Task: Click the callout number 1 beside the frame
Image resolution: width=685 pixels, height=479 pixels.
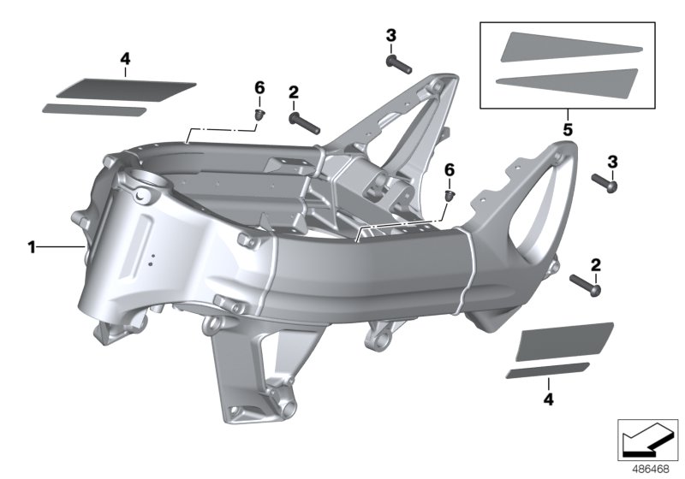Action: coord(31,248)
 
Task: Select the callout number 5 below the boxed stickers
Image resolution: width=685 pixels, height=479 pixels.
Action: coord(567,131)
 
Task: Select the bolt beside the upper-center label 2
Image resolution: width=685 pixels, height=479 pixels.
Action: coord(304,121)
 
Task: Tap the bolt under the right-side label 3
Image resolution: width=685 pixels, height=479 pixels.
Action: coord(610,182)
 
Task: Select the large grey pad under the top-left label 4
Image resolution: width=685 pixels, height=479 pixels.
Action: coord(126,87)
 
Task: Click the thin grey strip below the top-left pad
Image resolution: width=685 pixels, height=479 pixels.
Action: coord(94,109)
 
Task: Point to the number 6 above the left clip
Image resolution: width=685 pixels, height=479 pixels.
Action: coord(259,88)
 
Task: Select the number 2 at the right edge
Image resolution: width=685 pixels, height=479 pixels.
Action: coord(594,264)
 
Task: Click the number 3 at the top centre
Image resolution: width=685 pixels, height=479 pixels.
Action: coord(390,35)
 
